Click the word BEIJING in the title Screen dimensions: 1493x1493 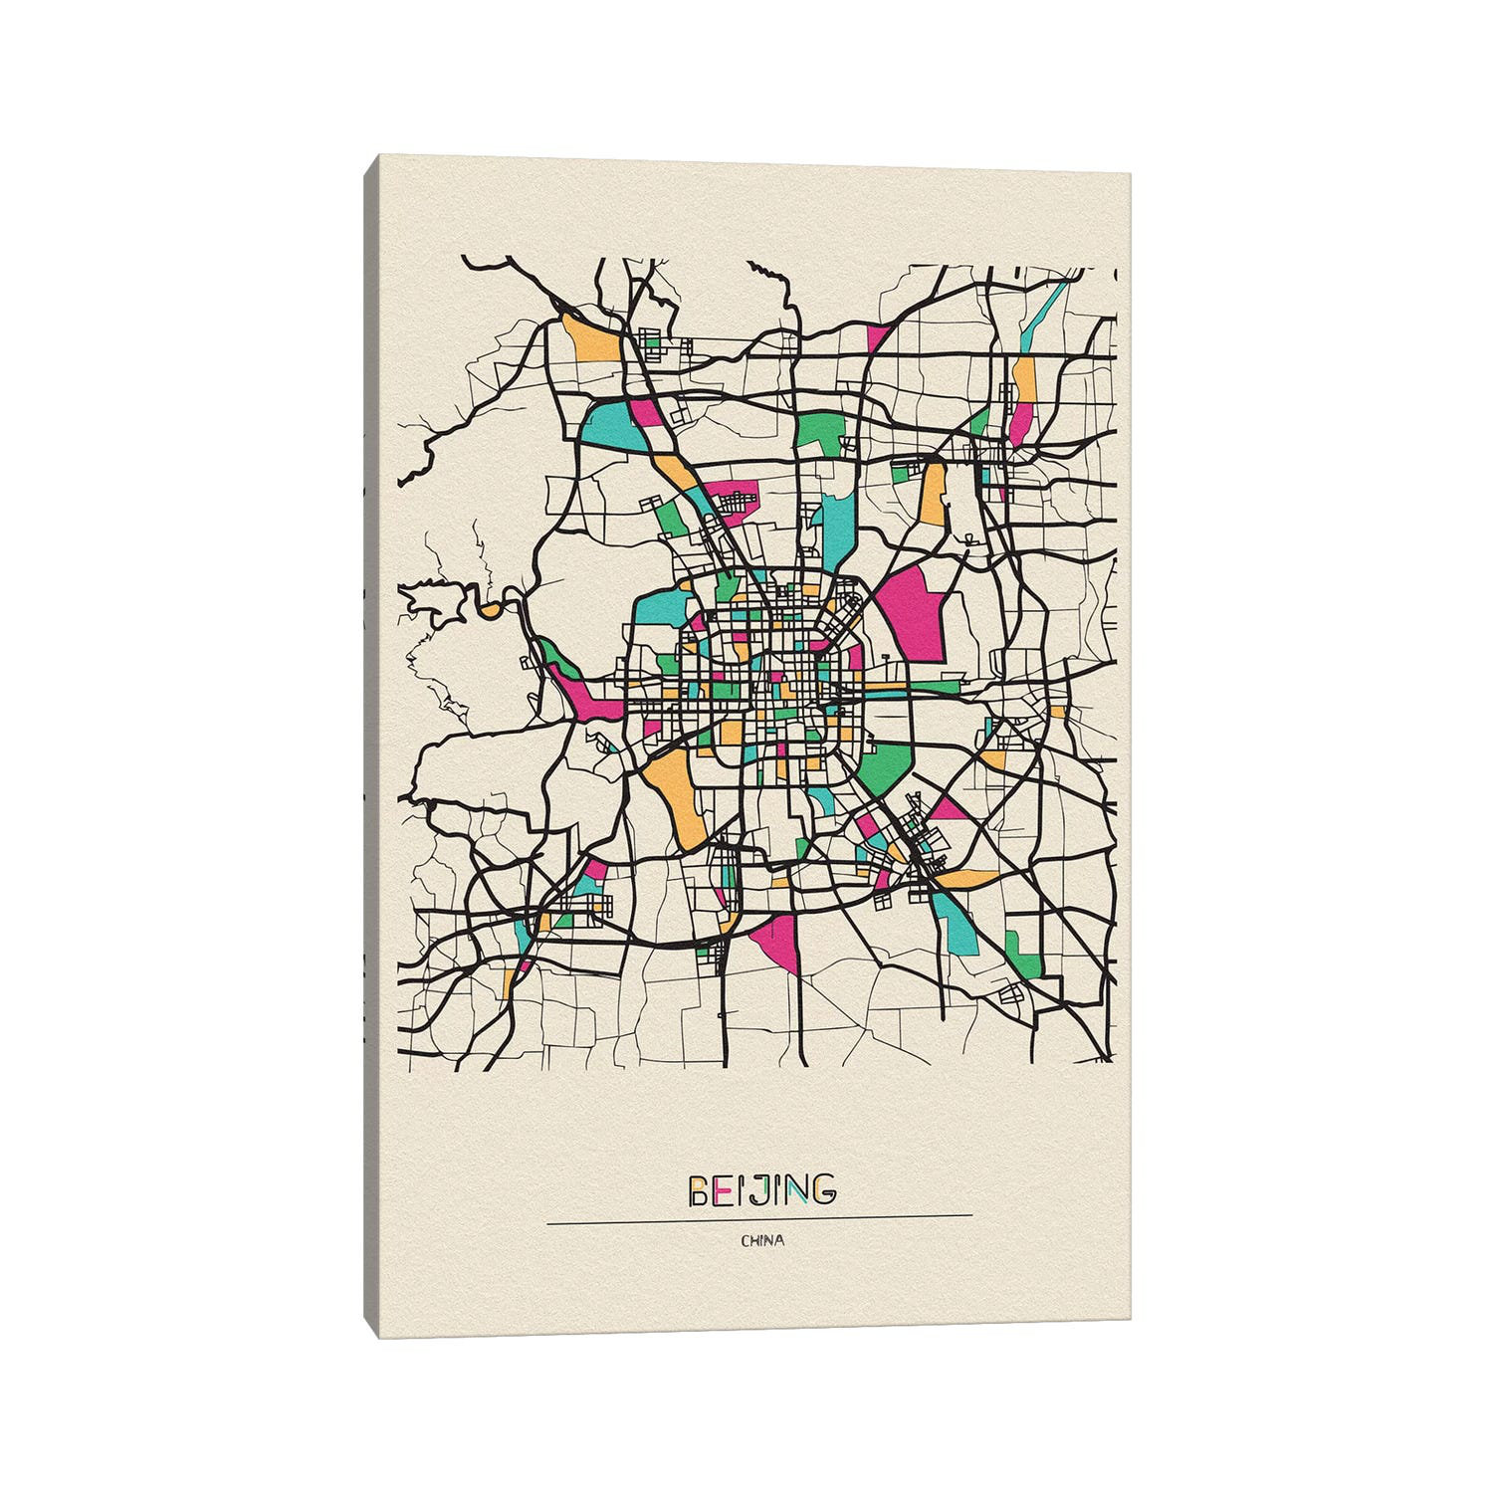[x=761, y=1189]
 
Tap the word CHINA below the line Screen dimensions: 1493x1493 [x=761, y=1240]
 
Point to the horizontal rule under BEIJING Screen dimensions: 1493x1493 [x=759, y=1215]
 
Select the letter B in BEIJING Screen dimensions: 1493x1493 [x=700, y=1189]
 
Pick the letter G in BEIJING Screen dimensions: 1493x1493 [x=822, y=1189]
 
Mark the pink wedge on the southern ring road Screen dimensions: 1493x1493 [x=778, y=941]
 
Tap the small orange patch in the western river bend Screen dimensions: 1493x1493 [x=490, y=608]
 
